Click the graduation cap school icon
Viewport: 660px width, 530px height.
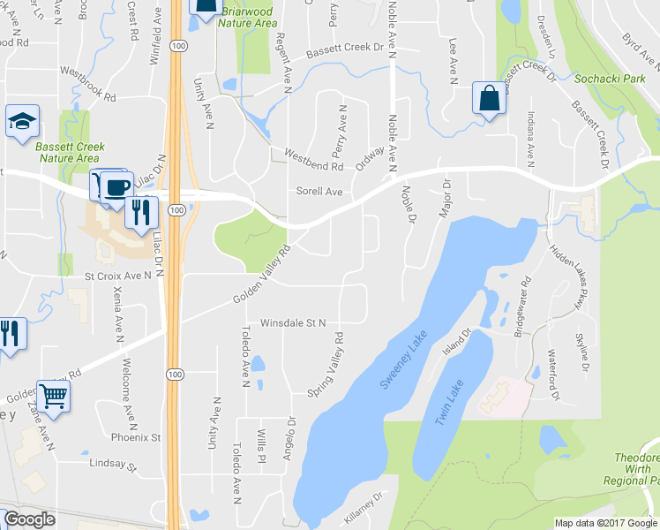21,123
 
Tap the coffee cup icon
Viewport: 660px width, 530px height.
116,186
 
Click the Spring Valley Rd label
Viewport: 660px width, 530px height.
325,363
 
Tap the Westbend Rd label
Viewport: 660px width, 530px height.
313,160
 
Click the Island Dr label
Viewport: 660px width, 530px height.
458,342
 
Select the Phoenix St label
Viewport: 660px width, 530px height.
136,437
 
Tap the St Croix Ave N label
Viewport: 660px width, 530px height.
118,276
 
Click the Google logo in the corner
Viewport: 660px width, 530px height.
29,519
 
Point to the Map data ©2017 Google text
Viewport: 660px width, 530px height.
605,523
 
